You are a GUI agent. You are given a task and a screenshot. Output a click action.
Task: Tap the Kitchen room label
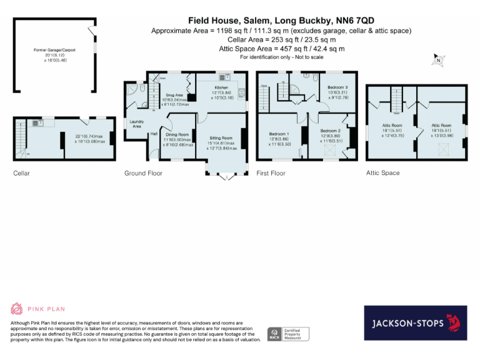[222, 88]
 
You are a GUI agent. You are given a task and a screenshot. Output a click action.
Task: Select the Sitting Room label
[221, 137]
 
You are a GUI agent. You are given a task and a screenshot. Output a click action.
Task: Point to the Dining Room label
[177, 134]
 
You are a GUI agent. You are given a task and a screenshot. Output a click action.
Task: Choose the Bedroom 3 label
[337, 87]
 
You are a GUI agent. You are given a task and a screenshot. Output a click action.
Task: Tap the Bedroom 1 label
[279, 134]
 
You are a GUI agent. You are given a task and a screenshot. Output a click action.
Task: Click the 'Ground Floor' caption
[143, 173]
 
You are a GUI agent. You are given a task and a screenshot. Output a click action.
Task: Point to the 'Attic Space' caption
[382, 173]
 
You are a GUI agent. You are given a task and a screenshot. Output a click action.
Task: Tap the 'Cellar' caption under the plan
[21, 173]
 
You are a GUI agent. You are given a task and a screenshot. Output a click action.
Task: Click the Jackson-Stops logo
[416, 323]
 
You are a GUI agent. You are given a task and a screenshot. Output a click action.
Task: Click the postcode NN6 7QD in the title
[352, 21]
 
